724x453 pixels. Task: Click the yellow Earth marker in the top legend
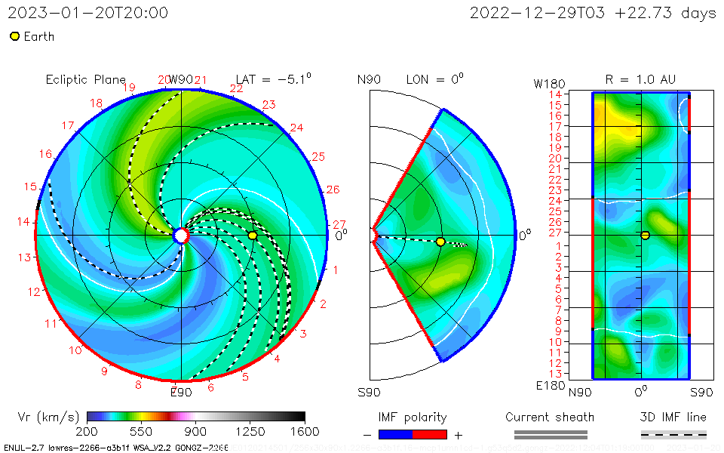coord(14,36)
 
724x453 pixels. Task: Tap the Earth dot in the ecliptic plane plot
coord(253,236)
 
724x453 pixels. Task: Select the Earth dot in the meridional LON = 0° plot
coord(440,242)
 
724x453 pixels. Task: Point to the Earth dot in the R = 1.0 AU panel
coord(646,235)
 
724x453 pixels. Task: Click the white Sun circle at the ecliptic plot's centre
coord(180,236)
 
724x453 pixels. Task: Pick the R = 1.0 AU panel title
coord(640,79)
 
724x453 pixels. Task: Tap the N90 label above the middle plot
coord(370,79)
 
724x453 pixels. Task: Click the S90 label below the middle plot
coord(370,392)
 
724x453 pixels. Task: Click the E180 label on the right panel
coord(548,386)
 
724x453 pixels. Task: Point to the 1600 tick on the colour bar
coord(305,431)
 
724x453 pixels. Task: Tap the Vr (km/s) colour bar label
coord(48,417)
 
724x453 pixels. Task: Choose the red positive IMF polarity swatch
coord(430,434)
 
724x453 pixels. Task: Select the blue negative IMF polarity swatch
coord(395,434)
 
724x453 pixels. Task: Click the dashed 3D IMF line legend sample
coord(673,434)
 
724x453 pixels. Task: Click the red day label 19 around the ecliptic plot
coord(129,88)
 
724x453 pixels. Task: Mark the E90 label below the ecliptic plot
coord(181,392)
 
